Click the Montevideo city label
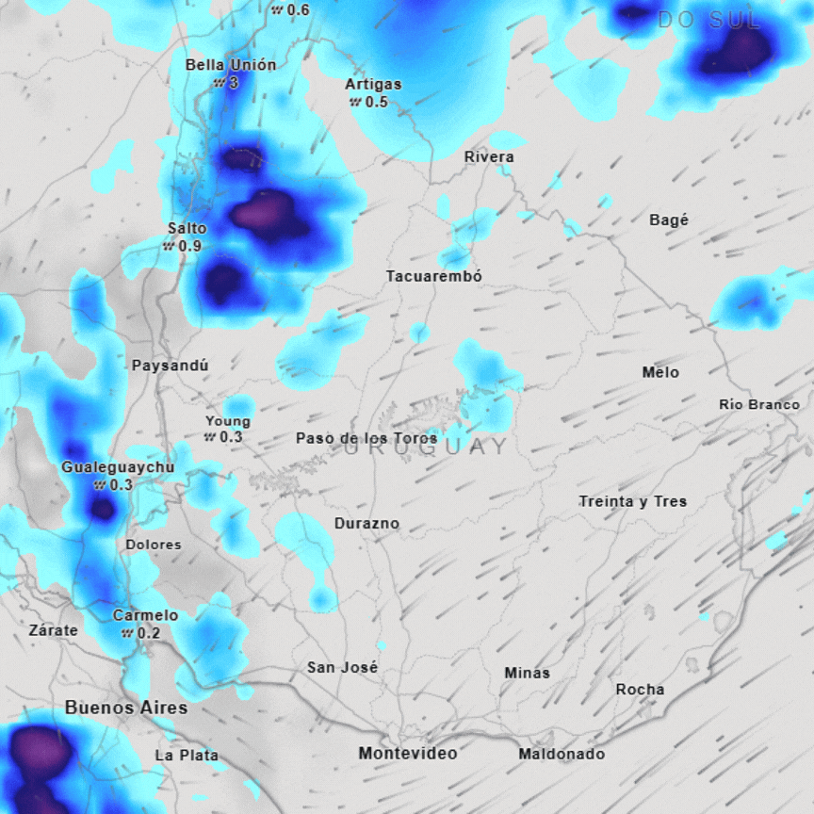tap(407, 753)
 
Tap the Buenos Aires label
tap(126, 708)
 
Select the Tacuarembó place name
tap(434, 276)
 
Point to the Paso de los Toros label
tap(366, 438)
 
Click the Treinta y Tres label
tap(633, 501)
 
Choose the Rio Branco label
tap(759, 404)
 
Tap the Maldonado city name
tap(562, 754)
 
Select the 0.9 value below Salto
tap(188, 246)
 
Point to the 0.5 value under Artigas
tap(376, 102)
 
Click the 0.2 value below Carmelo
tap(148, 633)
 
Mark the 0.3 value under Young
tap(230, 437)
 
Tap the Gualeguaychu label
tap(118, 467)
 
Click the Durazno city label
tap(366, 523)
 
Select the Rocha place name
tap(640, 690)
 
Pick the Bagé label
tap(669, 220)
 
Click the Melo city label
tap(660, 372)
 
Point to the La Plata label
tap(187, 755)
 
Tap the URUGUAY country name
tap(426, 448)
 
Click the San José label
tap(342, 667)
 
